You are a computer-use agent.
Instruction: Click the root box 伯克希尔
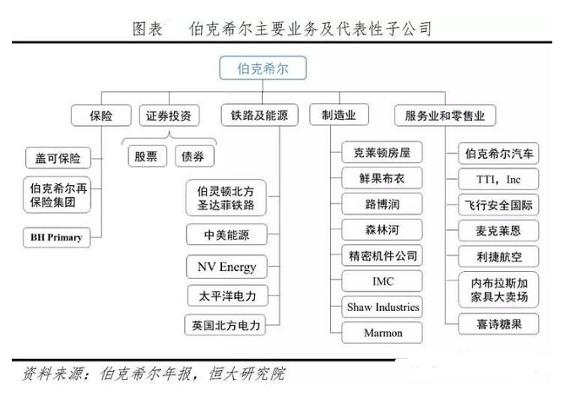tap(263, 68)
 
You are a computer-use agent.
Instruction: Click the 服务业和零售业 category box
tap(445, 115)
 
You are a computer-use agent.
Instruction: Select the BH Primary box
tap(57, 237)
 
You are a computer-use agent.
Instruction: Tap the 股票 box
tap(144, 156)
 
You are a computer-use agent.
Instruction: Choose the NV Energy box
tap(225, 267)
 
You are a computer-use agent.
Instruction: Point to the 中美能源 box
tap(225, 234)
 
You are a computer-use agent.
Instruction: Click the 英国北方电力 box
tap(225, 324)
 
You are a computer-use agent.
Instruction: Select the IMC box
tap(383, 280)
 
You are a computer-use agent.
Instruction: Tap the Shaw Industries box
tap(383, 307)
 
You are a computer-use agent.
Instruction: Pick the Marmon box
tap(383, 332)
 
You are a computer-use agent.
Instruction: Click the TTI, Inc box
tap(502, 179)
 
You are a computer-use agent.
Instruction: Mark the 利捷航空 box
tap(502, 255)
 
